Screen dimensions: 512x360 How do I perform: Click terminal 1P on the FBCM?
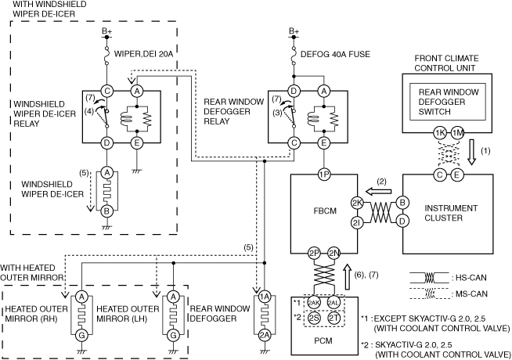click(323, 175)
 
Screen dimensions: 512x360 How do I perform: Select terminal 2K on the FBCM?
click(357, 203)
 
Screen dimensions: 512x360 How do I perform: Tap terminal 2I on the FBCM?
click(357, 222)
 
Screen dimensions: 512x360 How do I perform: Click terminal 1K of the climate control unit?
click(439, 133)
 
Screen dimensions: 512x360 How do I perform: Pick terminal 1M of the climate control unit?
click(458, 133)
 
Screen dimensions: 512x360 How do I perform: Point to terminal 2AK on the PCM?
click(314, 303)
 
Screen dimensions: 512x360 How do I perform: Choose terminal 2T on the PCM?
click(334, 318)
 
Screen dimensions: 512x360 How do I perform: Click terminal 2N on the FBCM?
click(334, 253)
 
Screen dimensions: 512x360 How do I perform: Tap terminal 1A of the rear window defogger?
click(264, 297)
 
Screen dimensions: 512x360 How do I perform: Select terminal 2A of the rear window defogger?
click(264, 335)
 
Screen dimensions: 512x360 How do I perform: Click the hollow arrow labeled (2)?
click(378, 191)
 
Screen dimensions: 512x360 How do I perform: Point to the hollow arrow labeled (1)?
click(471, 152)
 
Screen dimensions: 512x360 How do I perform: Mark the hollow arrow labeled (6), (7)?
click(348, 277)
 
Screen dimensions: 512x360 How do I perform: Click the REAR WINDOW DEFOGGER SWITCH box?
click(448, 102)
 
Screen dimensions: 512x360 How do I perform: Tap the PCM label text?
click(323, 340)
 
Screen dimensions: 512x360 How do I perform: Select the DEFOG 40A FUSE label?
click(335, 54)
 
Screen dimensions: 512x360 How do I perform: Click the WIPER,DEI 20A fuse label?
click(143, 54)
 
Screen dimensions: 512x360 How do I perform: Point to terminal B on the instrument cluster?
click(402, 203)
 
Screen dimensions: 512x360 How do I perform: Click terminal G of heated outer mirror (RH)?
click(81, 335)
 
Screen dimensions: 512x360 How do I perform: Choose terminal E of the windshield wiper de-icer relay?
click(137, 142)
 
